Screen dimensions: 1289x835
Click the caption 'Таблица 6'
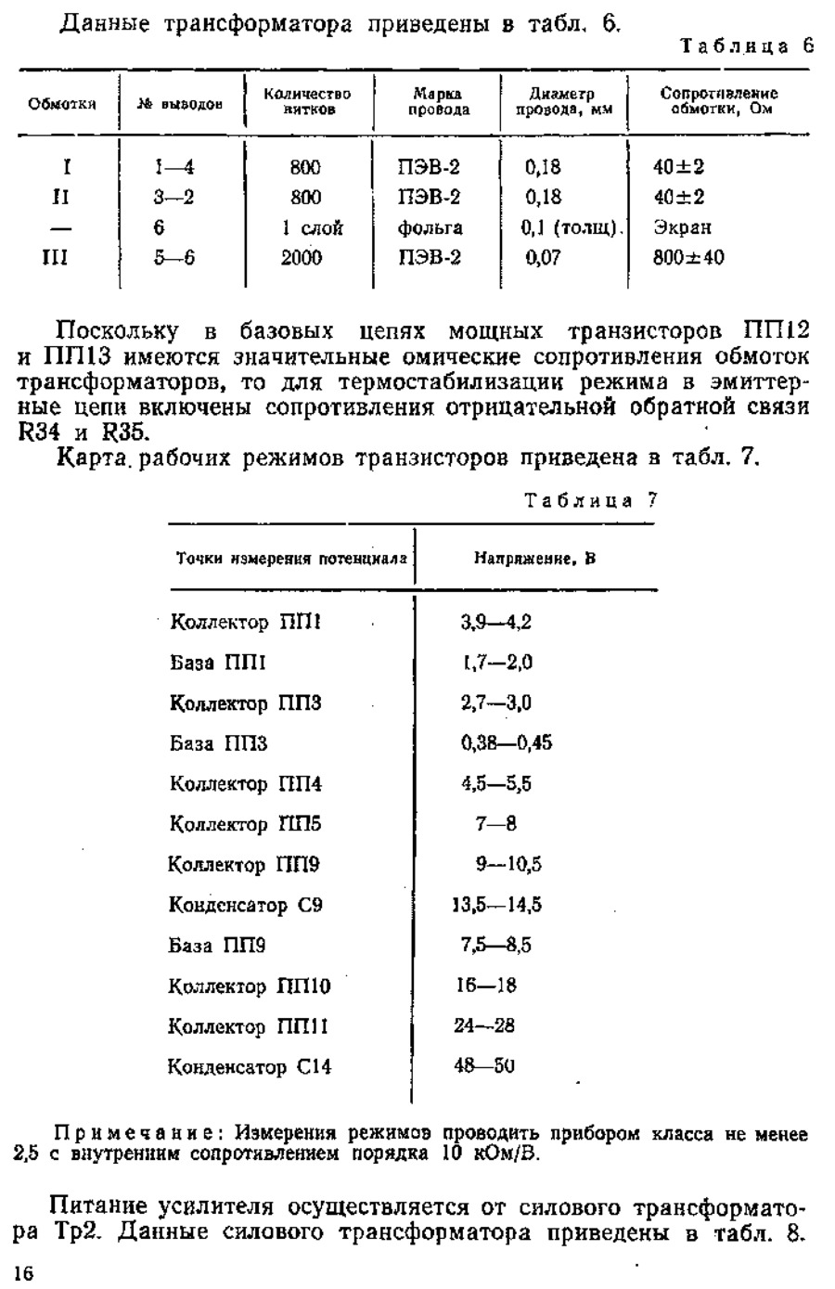747,46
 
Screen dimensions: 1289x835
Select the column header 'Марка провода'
438,102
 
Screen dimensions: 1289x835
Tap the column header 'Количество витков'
307,102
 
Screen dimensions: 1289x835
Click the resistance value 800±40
687,257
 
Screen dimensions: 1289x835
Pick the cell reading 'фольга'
430,227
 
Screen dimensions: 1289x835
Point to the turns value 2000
302,257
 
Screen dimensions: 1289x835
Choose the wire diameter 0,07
543,257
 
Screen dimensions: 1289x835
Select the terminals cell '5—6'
174,257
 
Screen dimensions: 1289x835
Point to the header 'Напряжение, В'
534,559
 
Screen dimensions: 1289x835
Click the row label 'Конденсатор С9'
246,905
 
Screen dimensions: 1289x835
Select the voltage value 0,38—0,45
507,743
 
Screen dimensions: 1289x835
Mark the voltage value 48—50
484,1066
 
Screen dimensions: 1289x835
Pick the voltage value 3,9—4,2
495,622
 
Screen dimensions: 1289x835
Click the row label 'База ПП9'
218,946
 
